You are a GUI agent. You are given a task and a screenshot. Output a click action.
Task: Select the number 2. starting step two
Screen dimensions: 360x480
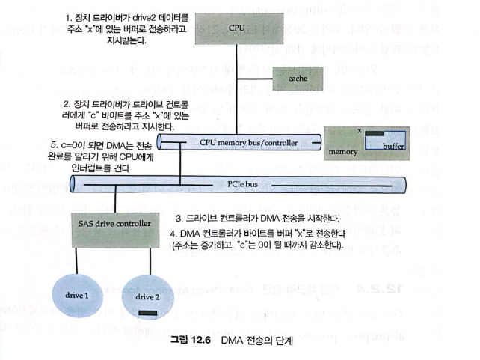pyautogui.click(x=68, y=102)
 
